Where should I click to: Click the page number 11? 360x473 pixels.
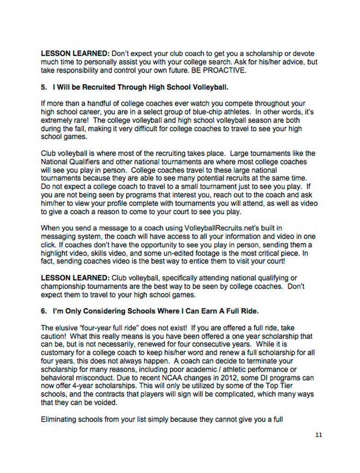tap(319, 435)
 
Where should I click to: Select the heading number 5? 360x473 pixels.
tap(43, 87)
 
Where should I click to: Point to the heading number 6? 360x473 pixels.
tap(43, 311)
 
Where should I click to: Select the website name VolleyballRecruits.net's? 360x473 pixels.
tap(218, 228)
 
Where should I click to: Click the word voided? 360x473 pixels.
tap(106, 403)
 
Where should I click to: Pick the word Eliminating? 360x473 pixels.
tap(59, 419)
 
